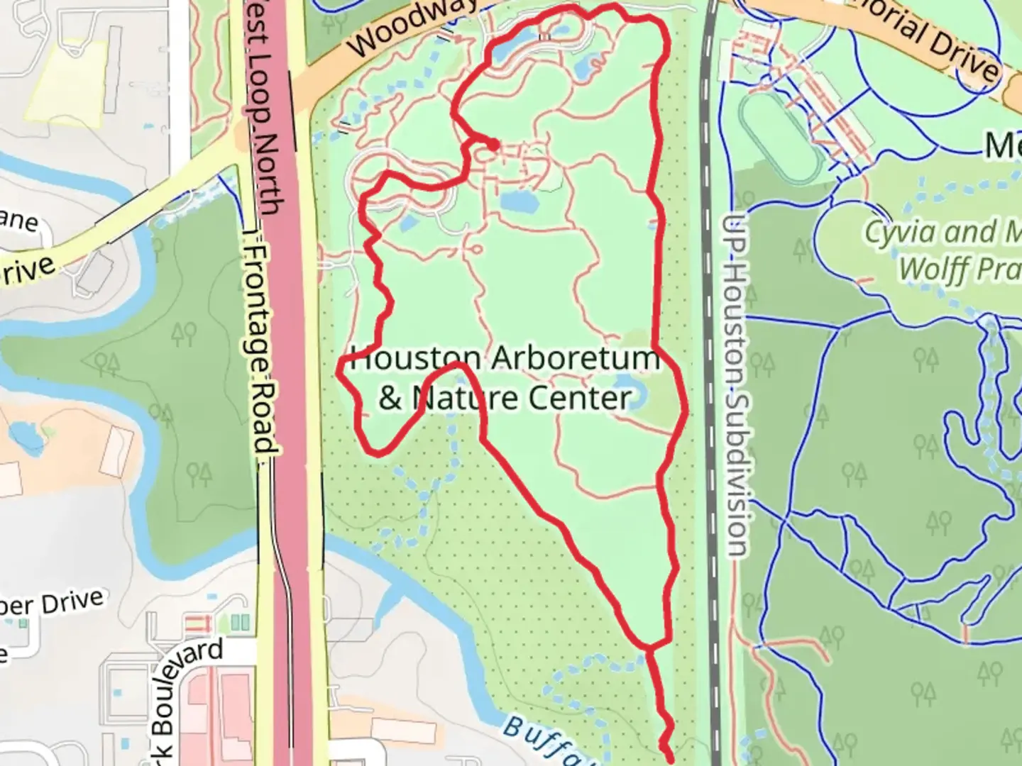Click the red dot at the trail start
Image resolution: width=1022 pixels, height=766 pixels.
(492, 145)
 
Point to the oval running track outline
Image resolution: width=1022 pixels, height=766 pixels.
(781, 139)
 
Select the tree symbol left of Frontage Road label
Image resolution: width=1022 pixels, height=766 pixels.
(185, 333)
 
